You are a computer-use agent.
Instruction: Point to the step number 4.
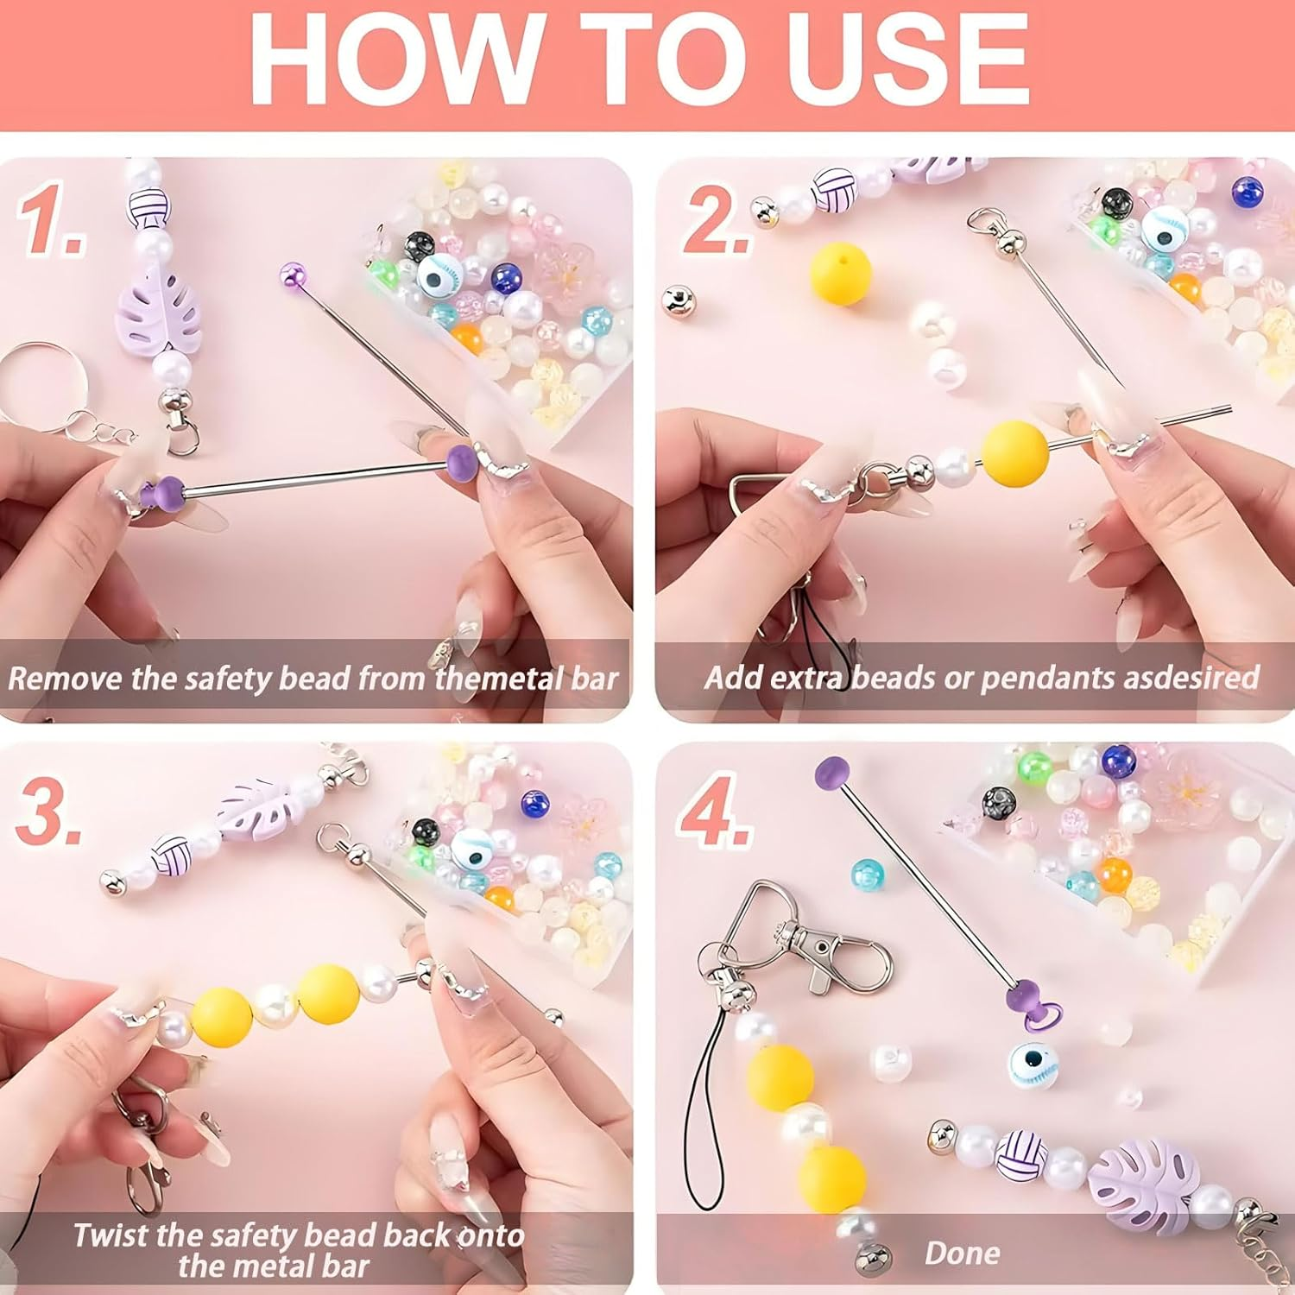[x=713, y=812]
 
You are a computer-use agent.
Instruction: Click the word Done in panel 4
[x=962, y=1253]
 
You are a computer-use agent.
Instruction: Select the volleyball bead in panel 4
[x=1021, y=1155]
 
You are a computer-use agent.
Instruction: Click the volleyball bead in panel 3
[x=173, y=857]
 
